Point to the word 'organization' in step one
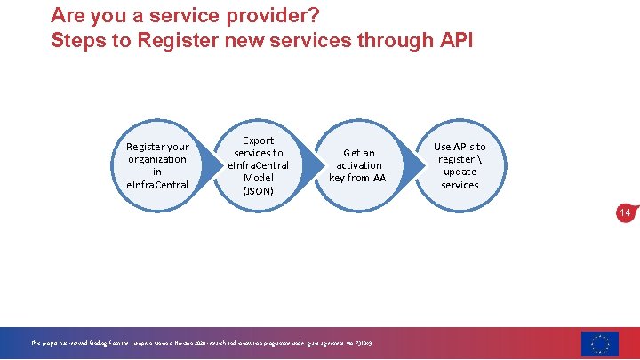[x=157, y=159]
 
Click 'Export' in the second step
[x=259, y=140]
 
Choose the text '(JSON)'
[x=259, y=190]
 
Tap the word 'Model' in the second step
[x=259, y=178]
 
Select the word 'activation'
[x=359, y=165]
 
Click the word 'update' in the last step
[x=459, y=172]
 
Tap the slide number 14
[x=625, y=213]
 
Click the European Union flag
[x=600, y=343]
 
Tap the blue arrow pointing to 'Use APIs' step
[x=409, y=164]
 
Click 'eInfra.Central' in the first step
[x=157, y=184]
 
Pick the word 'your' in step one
[x=178, y=147]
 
